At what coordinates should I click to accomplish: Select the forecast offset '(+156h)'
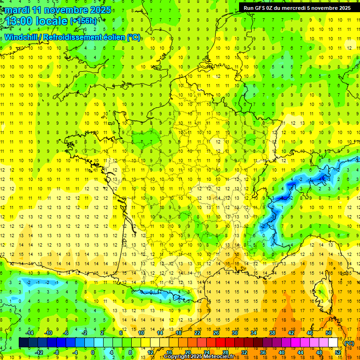point(83,21)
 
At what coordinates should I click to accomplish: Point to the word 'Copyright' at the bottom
point(177,357)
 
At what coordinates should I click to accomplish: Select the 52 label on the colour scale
point(338,352)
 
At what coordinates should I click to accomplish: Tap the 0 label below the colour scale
point(93,352)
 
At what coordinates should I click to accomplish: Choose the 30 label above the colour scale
point(234,332)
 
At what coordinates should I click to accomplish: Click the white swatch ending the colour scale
point(333,342)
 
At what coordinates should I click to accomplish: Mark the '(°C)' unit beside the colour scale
point(349,343)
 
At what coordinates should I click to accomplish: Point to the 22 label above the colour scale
point(197,332)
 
